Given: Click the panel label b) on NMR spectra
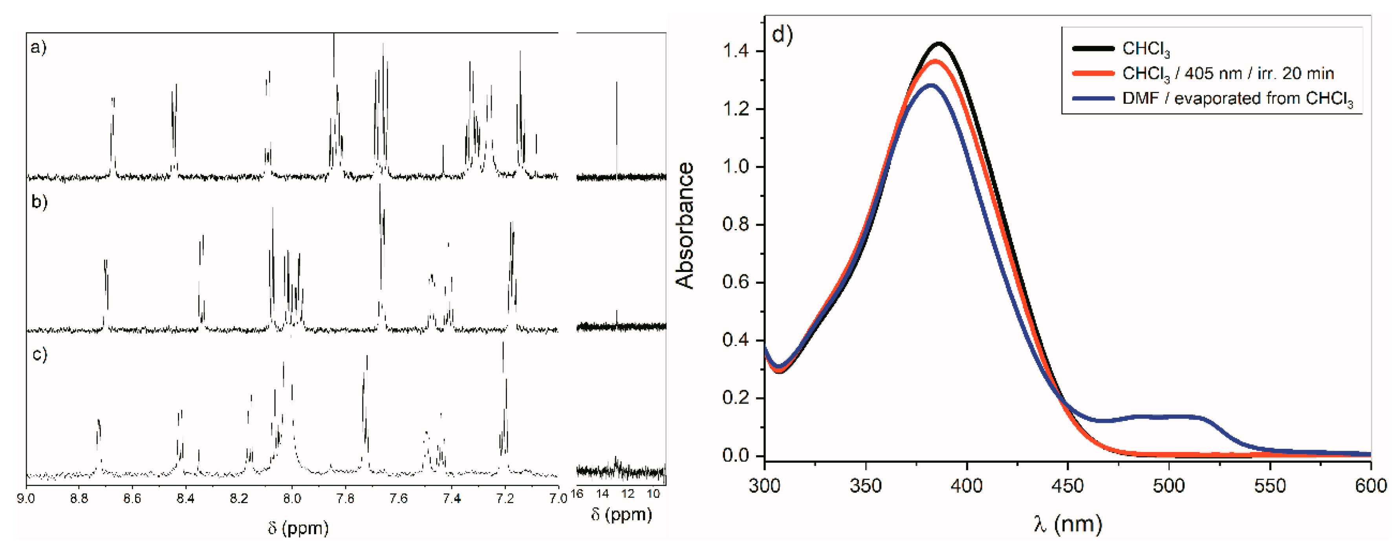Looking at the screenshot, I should (39, 202).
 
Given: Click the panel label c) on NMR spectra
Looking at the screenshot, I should (39, 354).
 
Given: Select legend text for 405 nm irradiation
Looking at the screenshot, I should (1228, 73).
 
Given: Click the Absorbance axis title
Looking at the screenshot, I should (685, 225).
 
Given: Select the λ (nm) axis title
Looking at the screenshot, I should (1067, 524).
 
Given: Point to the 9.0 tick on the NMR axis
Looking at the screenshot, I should (26, 497).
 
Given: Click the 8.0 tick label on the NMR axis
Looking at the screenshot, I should (292, 497).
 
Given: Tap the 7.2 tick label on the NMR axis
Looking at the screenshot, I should (505, 497).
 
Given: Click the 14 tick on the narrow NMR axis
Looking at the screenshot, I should (602, 494).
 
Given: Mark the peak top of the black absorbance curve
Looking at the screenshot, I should (939, 43).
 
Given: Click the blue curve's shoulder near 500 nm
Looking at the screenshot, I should (1169, 416).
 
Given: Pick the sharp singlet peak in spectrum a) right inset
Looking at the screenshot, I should (616, 83).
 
